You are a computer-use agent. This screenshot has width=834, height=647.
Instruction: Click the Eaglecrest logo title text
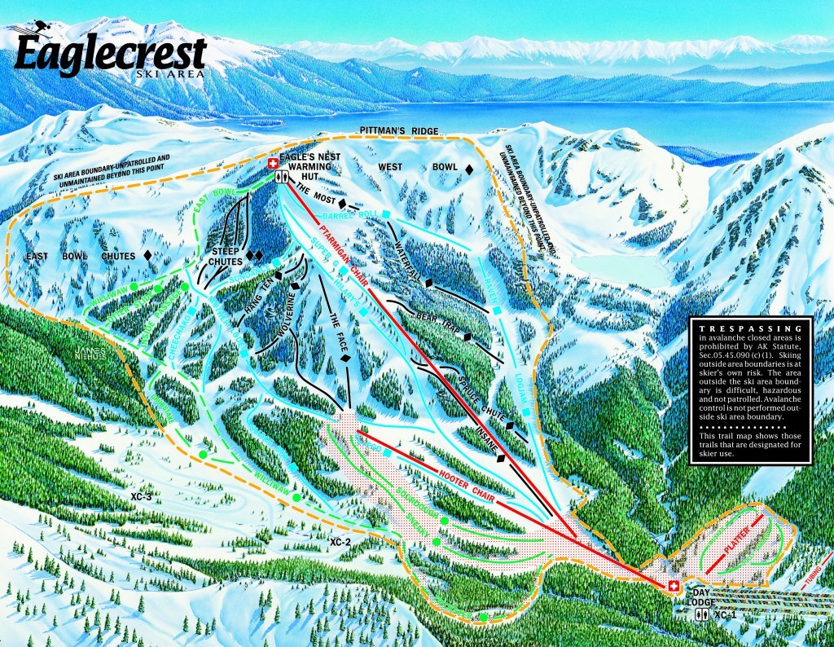tap(110, 55)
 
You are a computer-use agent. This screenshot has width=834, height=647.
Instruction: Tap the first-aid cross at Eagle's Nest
tap(273, 164)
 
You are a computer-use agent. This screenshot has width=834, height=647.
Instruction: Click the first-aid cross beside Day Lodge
tap(674, 587)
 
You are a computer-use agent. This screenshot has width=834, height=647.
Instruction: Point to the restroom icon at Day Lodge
tap(697, 617)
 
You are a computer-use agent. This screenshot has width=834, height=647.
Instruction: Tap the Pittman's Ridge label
tap(397, 131)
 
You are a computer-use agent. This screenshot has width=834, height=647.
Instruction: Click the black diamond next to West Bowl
tap(469, 168)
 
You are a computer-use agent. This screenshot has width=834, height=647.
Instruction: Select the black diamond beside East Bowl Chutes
tap(147, 256)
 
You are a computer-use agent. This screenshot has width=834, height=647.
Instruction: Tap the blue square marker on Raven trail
tap(495, 310)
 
